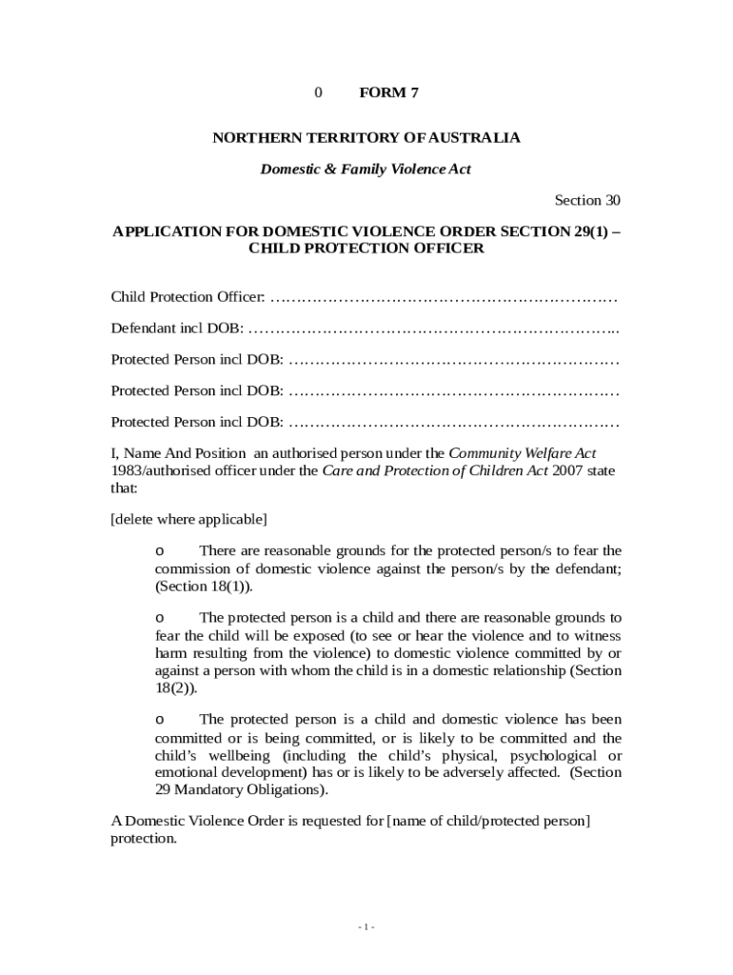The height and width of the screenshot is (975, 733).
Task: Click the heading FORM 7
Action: pos(388,92)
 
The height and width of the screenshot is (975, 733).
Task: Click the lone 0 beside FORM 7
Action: pos(319,92)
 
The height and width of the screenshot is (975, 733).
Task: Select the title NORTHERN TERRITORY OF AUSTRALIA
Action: pos(366,138)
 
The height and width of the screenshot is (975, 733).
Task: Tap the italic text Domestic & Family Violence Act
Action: pos(366,169)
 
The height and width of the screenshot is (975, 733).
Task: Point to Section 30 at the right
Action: pos(587,200)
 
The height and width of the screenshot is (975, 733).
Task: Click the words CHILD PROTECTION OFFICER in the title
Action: pos(366,249)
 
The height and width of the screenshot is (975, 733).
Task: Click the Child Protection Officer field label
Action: pos(188,297)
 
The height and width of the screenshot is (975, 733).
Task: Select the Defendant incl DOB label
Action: pos(176,328)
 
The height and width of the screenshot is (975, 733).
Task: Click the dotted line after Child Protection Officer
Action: pos(444,298)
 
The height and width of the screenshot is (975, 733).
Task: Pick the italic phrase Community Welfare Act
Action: pos(523,453)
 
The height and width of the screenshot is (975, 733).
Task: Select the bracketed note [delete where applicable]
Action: pos(188,519)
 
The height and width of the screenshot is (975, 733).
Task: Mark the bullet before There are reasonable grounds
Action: pos(160,551)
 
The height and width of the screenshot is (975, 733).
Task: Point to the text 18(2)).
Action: pos(176,688)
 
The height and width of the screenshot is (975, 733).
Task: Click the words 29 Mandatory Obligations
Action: pos(242,790)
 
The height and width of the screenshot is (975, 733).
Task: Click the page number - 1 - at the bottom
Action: pos(366,927)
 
